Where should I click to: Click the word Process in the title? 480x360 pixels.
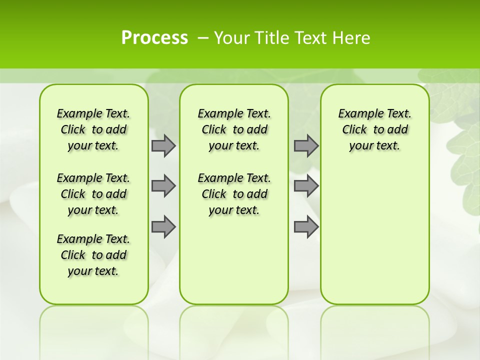tap(154, 38)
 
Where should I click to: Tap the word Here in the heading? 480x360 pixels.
tap(352, 38)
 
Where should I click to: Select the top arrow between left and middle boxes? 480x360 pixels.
tap(163, 145)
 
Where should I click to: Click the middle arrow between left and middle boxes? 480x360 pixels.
tap(163, 186)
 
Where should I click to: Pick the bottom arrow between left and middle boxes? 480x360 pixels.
tap(163, 226)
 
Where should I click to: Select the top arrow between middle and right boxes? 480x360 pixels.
tap(306, 145)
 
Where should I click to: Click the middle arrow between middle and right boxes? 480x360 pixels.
tap(306, 186)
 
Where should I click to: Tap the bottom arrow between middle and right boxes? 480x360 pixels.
tap(306, 226)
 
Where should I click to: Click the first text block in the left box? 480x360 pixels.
tap(93, 129)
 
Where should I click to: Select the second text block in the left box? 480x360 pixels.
tap(93, 194)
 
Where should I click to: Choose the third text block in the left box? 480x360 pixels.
tap(93, 255)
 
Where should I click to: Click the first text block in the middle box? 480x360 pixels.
tap(234, 129)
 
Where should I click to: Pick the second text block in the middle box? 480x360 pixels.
tap(234, 194)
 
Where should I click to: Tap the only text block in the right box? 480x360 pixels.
tap(374, 129)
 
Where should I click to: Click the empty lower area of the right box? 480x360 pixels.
tap(374, 235)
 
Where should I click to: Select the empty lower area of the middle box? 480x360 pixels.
tap(234, 260)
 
